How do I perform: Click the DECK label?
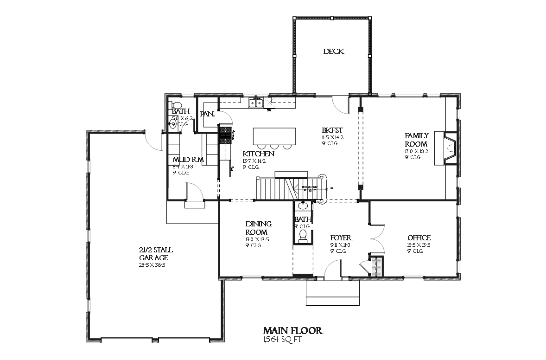(x=333, y=52)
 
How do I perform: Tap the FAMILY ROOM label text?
(x=416, y=140)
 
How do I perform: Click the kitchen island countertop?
(x=274, y=136)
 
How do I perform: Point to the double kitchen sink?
(x=255, y=103)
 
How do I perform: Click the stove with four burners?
(x=225, y=135)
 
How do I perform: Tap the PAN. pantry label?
(x=206, y=114)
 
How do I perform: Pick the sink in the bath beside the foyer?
(x=304, y=206)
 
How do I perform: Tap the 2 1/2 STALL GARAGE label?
(x=156, y=254)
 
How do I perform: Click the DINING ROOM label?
(x=258, y=228)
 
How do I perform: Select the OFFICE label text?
(x=419, y=238)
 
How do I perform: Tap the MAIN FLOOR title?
(x=292, y=331)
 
